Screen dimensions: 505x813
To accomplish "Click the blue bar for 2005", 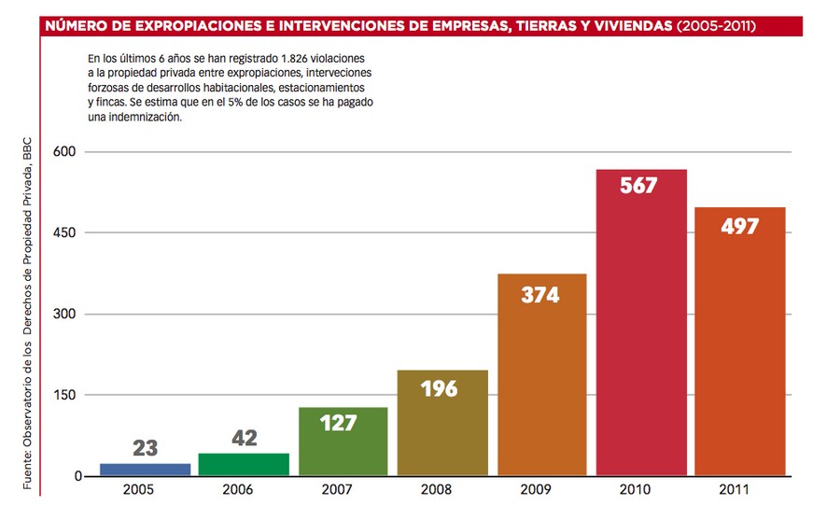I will [145, 470].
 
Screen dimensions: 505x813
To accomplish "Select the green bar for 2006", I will [244, 464].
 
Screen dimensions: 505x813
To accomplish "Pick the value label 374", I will [540, 295].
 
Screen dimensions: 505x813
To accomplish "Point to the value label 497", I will [739, 227].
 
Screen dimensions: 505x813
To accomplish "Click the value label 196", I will [439, 388].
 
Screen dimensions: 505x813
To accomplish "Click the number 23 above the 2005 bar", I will [145, 448].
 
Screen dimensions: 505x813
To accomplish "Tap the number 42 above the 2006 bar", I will [244, 438].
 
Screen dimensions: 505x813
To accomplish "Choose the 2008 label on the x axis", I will [442, 488].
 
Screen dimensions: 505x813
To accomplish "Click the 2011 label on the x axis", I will [739, 488].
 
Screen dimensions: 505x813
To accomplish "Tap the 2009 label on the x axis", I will [542, 488].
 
